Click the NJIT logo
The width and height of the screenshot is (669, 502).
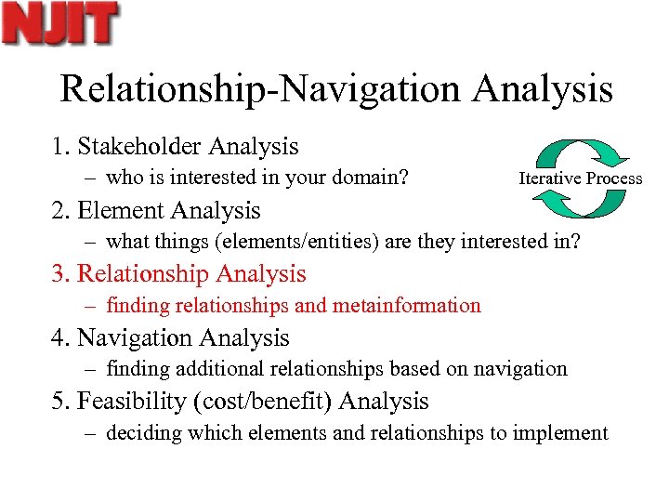tap(59, 24)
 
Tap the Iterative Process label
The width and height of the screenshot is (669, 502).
tap(580, 178)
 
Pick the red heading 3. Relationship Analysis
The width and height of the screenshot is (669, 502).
tap(177, 274)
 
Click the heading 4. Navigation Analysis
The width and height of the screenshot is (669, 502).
tap(169, 338)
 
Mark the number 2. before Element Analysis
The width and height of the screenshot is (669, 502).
tap(60, 211)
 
